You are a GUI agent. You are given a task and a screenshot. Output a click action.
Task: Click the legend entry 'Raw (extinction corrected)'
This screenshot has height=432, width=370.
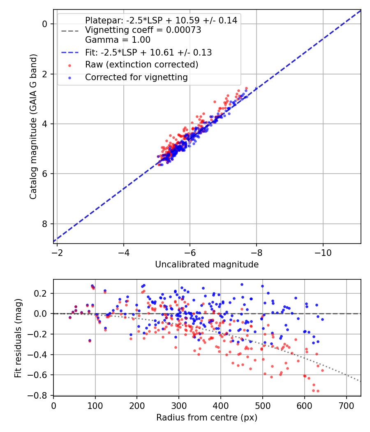point(141,65)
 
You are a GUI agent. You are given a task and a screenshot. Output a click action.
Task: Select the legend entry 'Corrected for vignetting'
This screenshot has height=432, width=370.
point(136,77)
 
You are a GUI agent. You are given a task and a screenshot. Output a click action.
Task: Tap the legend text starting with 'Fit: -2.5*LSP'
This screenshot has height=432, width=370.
point(148,52)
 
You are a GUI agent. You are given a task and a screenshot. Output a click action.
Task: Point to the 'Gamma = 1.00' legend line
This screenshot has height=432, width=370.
point(118,40)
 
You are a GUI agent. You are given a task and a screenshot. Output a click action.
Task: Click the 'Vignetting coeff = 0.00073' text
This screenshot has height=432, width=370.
point(143,30)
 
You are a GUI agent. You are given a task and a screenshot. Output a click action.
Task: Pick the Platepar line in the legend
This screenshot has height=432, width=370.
point(161,21)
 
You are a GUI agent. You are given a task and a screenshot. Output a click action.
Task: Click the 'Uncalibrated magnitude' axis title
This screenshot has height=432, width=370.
point(207,265)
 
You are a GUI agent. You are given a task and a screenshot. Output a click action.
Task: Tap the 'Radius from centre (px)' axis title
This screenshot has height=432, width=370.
point(207,418)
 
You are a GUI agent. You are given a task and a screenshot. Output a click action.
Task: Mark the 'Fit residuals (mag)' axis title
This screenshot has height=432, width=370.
point(18,338)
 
